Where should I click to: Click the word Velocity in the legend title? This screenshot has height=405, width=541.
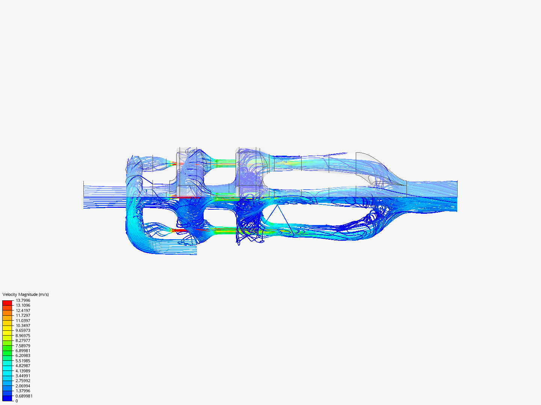pyautogui.click(x=10, y=294)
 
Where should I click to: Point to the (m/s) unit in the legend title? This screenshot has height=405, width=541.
pyautogui.click(x=44, y=294)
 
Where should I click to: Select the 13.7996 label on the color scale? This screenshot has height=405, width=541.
pyautogui.click(x=23, y=300)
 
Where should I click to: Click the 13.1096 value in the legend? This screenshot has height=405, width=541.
pyautogui.click(x=23, y=305)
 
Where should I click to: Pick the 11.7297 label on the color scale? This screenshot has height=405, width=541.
pyautogui.click(x=23, y=315)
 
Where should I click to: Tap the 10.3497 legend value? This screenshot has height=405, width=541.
pyautogui.click(x=23, y=325)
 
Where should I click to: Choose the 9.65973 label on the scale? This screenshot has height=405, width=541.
pyautogui.click(x=23, y=330)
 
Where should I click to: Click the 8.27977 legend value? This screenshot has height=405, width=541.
pyautogui.click(x=23, y=340)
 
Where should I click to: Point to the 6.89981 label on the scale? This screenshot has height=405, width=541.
pyautogui.click(x=23, y=351)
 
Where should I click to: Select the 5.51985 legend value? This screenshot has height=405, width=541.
pyautogui.click(x=23, y=361)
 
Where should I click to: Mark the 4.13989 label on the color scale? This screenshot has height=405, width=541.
pyautogui.click(x=23, y=371)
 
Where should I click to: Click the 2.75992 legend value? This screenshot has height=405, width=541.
pyautogui.click(x=23, y=381)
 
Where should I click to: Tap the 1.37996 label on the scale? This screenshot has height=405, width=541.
pyautogui.click(x=23, y=391)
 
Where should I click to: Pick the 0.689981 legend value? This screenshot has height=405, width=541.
pyautogui.click(x=24, y=396)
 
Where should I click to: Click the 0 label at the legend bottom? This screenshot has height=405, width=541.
pyautogui.click(x=17, y=401)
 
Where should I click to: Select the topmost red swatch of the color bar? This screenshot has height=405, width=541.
pyautogui.click(x=7, y=303)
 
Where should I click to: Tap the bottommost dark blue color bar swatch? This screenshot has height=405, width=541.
pyautogui.click(x=7, y=398)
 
